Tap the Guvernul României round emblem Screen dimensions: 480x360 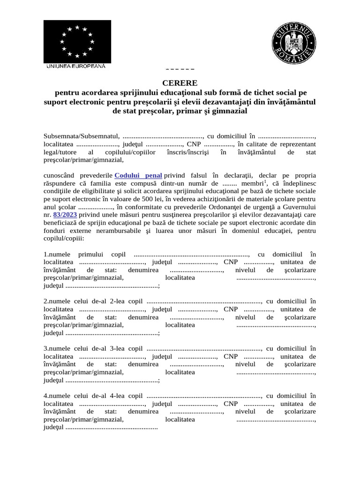tap(294, 44)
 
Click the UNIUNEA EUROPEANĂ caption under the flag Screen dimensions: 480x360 tap(75, 66)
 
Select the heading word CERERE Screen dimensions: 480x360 tap(180, 83)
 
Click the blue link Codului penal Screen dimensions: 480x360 tap(138, 175)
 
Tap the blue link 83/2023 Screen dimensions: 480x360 tap(65, 214)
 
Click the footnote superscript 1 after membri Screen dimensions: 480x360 tap(265, 181)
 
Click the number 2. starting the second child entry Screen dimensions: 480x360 tap(46, 301)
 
